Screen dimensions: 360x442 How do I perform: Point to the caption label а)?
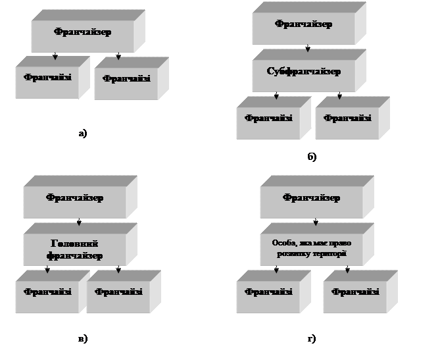click(x=82, y=134)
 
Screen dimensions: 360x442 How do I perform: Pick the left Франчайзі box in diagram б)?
click(x=268, y=120)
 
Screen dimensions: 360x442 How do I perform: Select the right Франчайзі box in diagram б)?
click(x=347, y=120)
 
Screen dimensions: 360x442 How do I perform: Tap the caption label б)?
click(x=311, y=158)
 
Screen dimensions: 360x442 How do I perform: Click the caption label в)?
click(x=82, y=340)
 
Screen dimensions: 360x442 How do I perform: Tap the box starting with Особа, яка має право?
click(x=311, y=247)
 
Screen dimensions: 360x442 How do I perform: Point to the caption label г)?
click(x=311, y=340)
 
